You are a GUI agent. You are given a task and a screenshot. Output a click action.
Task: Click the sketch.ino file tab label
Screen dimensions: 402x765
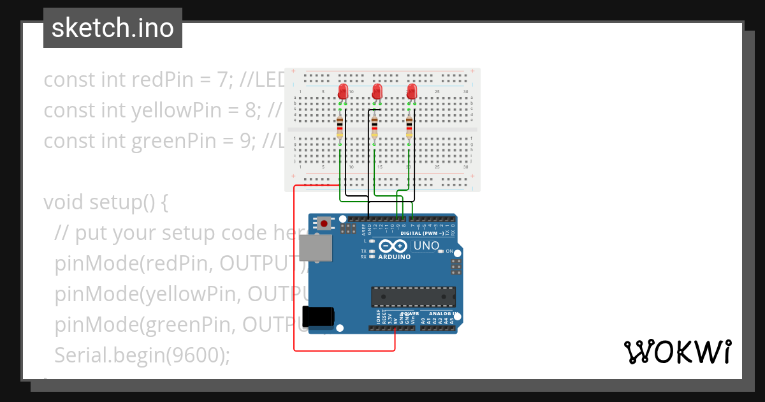(113, 28)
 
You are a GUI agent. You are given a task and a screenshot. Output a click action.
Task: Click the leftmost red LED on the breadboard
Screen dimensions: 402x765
(344, 91)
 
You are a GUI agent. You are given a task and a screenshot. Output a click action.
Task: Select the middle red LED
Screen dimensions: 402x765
(377, 91)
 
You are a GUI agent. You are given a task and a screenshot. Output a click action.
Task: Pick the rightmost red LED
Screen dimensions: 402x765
(412, 91)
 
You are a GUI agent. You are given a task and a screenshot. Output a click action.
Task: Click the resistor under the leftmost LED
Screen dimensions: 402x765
(340, 126)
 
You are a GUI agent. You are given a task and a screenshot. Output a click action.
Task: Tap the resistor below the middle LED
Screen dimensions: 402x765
(374, 126)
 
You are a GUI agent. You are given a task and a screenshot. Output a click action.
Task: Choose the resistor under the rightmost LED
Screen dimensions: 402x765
(409, 126)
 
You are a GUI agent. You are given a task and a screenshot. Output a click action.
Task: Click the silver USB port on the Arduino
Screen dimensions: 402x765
(315, 248)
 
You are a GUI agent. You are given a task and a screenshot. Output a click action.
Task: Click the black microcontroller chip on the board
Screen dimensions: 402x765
(413, 297)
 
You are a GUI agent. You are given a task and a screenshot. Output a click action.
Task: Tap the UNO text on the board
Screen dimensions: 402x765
(426, 246)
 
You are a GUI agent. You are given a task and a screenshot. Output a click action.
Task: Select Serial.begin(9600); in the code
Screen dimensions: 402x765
(142, 355)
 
